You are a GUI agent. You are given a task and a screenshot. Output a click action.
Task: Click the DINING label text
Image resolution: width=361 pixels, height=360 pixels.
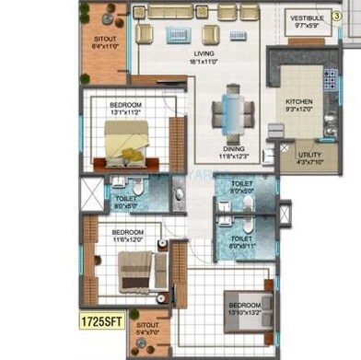pyautogui.click(x=234, y=151)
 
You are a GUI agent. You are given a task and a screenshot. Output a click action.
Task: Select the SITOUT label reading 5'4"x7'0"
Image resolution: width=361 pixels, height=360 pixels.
pyautogui.click(x=147, y=329)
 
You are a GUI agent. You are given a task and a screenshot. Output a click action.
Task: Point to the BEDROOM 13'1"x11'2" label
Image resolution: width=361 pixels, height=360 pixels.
pyautogui.click(x=126, y=110)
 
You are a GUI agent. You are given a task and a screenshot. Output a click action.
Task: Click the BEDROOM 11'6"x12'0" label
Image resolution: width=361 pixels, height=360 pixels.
pyautogui.click(x=128, y=236)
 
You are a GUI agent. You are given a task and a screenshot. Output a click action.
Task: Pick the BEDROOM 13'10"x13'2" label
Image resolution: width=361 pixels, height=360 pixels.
pyautogui.click(x=245, y=308)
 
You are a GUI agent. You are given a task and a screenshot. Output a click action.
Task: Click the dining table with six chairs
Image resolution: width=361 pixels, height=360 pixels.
pyautogui.click(x=233, y=114)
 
